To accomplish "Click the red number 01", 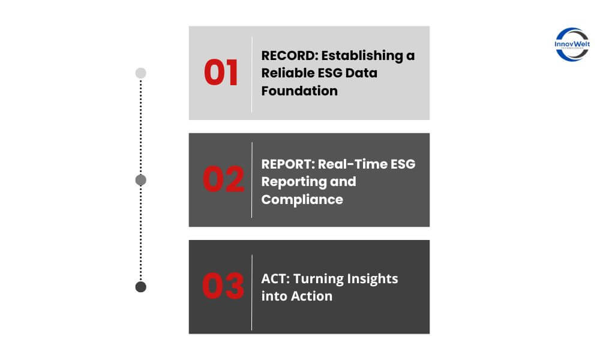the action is pyautogui.click(x=221, y=73).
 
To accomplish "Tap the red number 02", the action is pyautogui.click(x=223, y=179).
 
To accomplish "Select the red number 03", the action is pyautogui.click(x=223, y=286).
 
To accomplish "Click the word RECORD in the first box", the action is pyautogui.click(x=288, y=56).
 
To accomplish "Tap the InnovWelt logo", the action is pyautogui.click(x=572, y=44).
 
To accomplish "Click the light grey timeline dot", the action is pyautogui.click(x=141, y=73).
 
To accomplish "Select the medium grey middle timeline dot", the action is pyautogui.click(x=141, y=180).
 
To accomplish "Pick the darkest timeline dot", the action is pyautogui.click(x=141, y=287).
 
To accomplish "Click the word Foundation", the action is pyautogui.click(x=299, y=91).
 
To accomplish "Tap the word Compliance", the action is pyautogui.click(x=302, y=200).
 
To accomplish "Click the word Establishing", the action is pyautogui.click(x=362, y=56).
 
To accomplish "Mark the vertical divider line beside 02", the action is pyautogui.click(x=252, y=180).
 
